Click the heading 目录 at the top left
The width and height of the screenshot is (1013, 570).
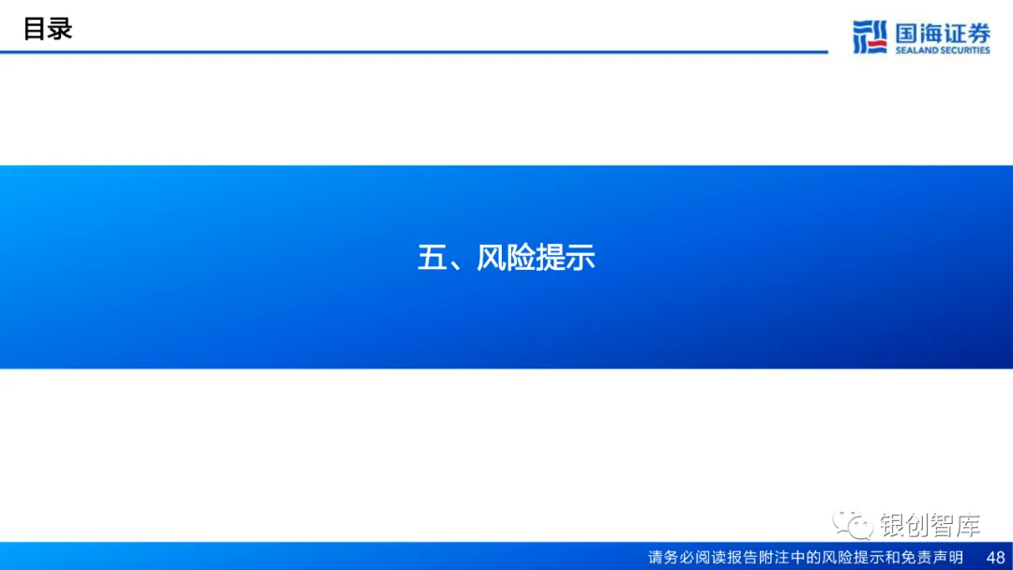click(x=48, y=29)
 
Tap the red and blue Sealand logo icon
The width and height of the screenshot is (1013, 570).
click(x=869, y=37)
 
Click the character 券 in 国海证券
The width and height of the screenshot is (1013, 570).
click(x=978, y=32)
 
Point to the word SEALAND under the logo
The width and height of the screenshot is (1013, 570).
click(x=917, y=51)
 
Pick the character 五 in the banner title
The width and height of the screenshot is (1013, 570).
click(x=431, y=258)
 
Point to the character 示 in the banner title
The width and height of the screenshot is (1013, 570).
click(x=581, y=258)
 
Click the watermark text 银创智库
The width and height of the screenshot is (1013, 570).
click(x=930, y=526)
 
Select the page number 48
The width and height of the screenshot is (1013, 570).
click(x=995, y=558)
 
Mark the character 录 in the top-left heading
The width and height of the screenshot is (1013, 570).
click(x=60, y=29)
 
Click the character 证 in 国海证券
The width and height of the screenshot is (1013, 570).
click(x=955, y=32)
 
